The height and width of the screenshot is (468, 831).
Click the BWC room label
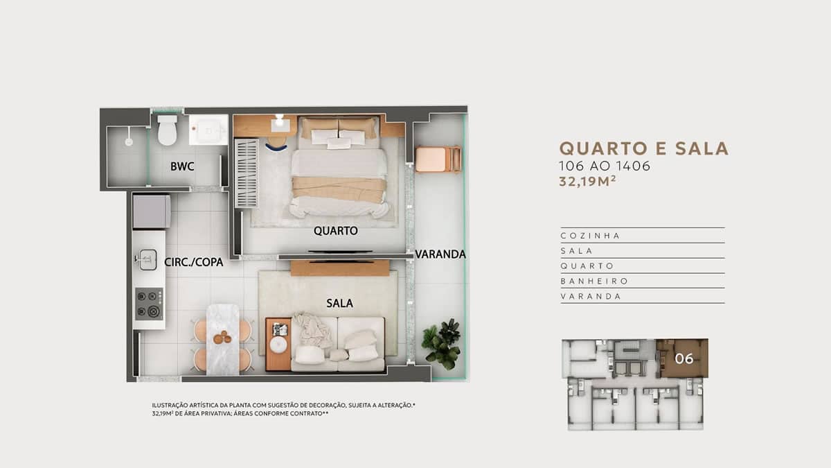[182, 166]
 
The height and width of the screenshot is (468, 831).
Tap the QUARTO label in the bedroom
[336, 231]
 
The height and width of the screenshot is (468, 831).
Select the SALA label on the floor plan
[339, 304]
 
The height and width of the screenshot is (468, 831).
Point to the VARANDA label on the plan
[440, 254]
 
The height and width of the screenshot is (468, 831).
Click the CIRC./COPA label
[194, 262]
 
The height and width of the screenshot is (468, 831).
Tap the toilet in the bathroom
[168, 130]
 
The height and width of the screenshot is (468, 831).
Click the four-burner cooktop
[149, 304]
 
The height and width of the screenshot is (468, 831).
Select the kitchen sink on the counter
[147, 259]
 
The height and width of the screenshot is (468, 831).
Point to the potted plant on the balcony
[443, 344]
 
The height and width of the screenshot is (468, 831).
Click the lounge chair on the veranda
[438, 159]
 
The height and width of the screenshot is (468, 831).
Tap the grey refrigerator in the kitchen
[152, 211]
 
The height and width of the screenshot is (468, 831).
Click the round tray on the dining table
[222, 338]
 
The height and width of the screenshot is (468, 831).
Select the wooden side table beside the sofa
[278, 344]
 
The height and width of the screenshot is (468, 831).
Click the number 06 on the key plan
[684, 358]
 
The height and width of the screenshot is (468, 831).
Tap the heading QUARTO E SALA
[644, 148]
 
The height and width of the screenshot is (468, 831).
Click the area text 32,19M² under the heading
[588, 181]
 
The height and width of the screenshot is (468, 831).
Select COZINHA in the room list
[590, 236]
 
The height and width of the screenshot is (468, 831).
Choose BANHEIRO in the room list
[594, 281]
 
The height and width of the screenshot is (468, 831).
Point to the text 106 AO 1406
[605, 166]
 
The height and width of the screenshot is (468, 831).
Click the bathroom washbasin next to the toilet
[208, 130]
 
